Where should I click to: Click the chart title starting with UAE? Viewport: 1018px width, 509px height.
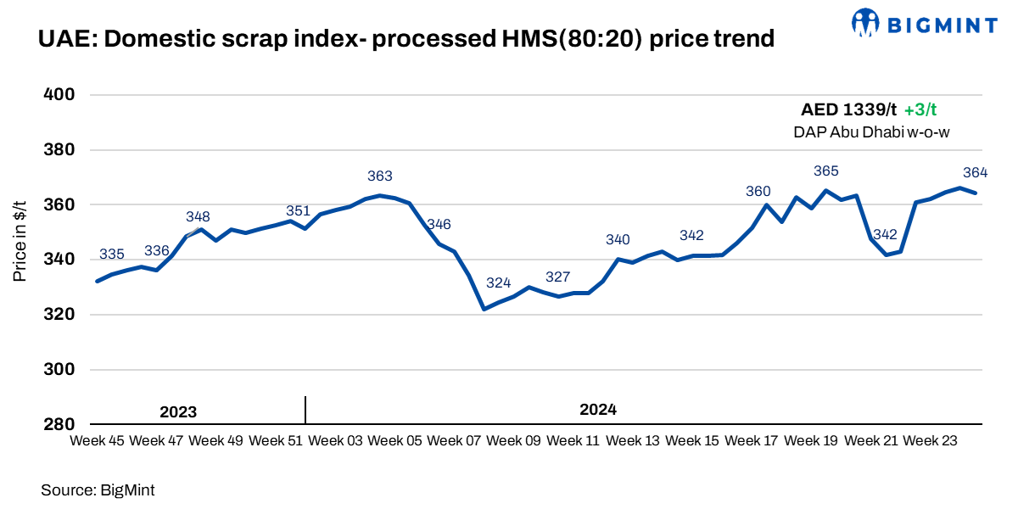pyautogui.click(x=406, y=38)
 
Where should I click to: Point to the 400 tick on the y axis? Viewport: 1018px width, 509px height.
pyautogui.click(x=60, y=95)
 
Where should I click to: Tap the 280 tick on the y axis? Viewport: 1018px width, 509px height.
pyautogui.click(x=60, y=424)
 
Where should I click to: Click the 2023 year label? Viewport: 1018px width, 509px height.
pyautogui.click(x=178, y=412)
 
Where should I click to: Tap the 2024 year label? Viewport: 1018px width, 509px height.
pyautogui.click(x=598, y=410)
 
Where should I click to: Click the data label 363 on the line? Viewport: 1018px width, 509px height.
pyautogui.click(x=380, y=176)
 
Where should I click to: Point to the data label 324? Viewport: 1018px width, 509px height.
pyautogui.click(x=499, y=283)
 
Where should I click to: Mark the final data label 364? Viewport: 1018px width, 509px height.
pyautogui.click(x=976, y=173)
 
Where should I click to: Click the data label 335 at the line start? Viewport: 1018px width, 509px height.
pyautogui.click(x=112, y=255)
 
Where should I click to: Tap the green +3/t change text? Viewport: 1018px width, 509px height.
pyautogui.click(x=920, y=109)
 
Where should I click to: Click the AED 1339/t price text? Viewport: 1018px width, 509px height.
pyautogui.click(x=848, y=109)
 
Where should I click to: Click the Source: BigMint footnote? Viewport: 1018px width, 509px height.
pyautogui.click(x=98, y=489)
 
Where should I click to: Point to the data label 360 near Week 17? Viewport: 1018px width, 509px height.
pyautogui.click(x=758, y=192)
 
